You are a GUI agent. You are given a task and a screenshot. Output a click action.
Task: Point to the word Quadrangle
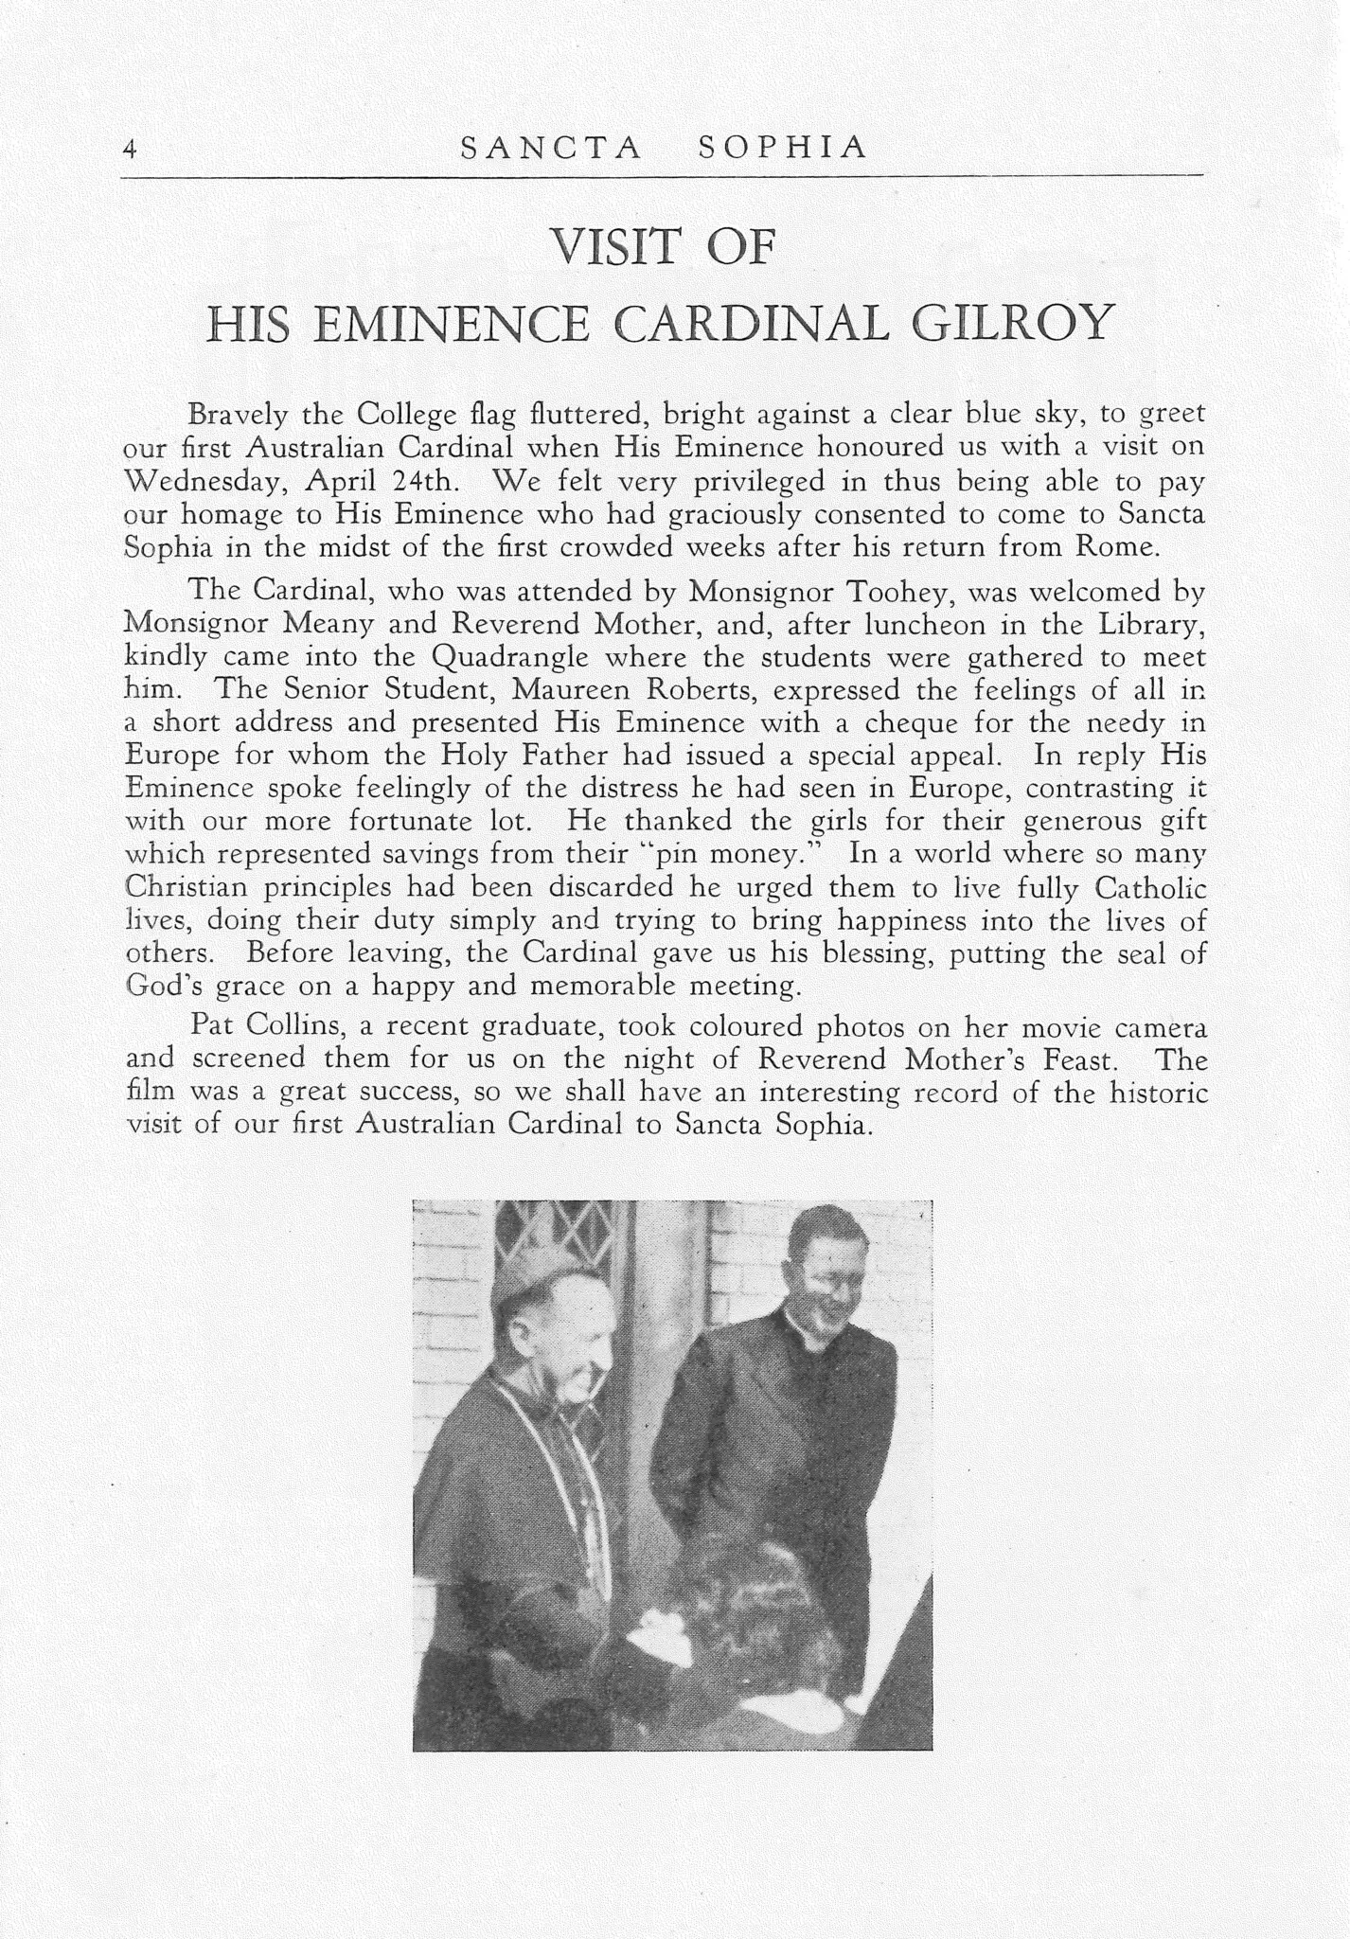coord(509,658)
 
